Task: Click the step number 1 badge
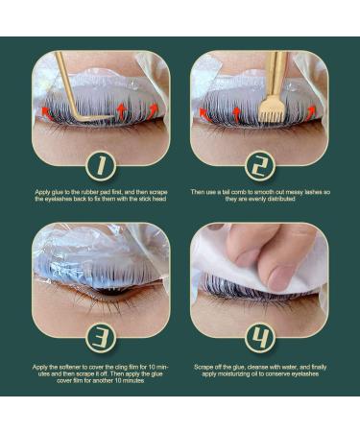(101, 166)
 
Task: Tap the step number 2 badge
(260, 166)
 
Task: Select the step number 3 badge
(101, 338)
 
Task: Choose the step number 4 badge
(260, 338)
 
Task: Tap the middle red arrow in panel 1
(122, 110)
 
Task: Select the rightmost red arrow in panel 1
(153, 110)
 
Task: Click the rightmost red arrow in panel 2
(311, 113)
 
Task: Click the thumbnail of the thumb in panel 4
(277, 277)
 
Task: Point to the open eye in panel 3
(108, 292)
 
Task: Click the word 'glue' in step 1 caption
(59, 192)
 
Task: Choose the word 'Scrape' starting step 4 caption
(203, 367)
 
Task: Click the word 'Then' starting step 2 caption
(197, 192)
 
